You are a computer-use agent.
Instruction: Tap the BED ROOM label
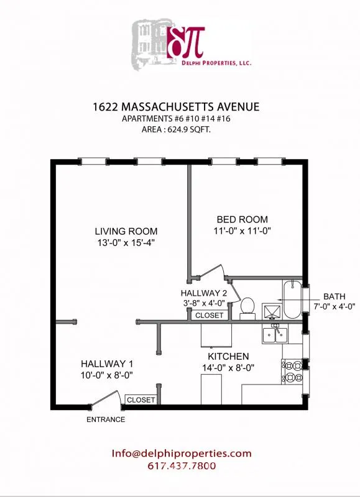tap(242, 219)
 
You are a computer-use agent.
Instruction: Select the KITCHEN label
tap(228, 357)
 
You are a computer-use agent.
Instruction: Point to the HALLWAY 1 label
tap(107, 363)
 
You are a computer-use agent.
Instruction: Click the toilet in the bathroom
tap(247, 308)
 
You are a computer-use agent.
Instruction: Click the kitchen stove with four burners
tap(292, 372)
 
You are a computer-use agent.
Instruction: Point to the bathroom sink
tap(272, 309)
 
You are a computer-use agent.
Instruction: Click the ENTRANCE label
tap(106, 419)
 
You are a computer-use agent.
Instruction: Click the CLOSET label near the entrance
tap(141, 400)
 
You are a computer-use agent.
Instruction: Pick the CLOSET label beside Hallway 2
tap(209, 316)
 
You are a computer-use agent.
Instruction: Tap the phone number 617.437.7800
tap(182, 467)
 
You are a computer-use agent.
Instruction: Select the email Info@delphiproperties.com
tap(182, 454)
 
